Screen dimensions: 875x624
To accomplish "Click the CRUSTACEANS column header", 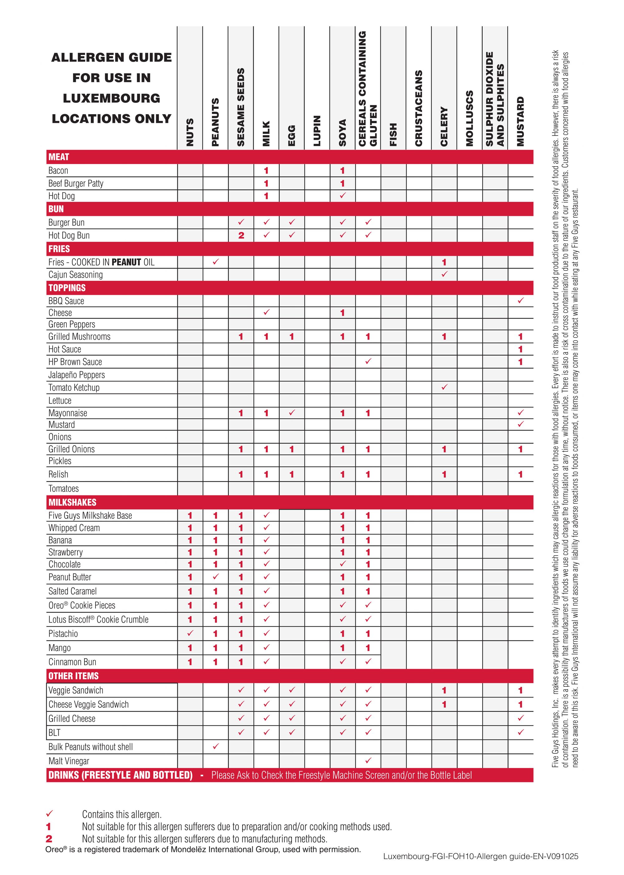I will [x=418, y=108].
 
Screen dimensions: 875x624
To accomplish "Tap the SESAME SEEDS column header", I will [x=241, y=107].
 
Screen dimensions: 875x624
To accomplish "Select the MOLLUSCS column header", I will [x=469, y=118].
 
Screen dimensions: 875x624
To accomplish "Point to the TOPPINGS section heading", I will [x=67, y=288].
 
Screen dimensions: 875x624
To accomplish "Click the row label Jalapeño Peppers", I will [x=76, y=375].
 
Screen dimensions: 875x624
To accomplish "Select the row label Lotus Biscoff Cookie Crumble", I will [x=98, y=619].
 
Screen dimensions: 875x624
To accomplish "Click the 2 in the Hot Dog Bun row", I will [x=241, y=236].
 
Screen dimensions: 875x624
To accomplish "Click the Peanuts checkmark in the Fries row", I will [x=216, y=262].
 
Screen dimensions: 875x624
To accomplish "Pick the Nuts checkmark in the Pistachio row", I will [x=190, y=633].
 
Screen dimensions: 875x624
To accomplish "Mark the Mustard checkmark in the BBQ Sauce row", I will [x=520, y=300].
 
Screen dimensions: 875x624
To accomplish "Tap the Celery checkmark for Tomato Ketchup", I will [x=444, y=387].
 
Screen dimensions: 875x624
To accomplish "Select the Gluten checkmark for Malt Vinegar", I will [x=368, y=760].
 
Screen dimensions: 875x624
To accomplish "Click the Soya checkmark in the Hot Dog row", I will [x=342, y=196].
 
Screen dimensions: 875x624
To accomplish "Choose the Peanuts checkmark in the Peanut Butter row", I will [x=216, y=576].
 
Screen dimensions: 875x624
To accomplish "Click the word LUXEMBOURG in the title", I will [x=111, y=98].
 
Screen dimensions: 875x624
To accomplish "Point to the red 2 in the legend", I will [x=49, y=839].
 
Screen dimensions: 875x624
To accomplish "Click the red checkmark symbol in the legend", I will [x=49, y=813].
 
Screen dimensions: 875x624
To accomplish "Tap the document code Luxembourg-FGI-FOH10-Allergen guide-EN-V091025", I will [x=480, y=856].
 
